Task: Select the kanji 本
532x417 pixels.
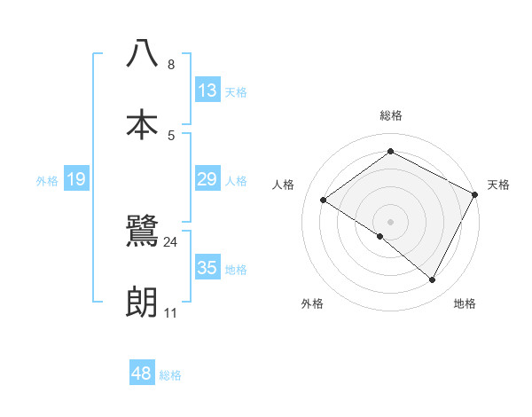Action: [142, 124]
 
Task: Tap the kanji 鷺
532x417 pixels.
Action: [142, 232]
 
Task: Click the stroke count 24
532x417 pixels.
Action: [171, 241]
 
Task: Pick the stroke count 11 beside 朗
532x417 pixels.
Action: [171, 313]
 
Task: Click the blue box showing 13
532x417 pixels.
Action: [207, 90]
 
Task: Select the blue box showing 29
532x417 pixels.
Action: [207, 180]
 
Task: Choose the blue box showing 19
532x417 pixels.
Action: [76, 180]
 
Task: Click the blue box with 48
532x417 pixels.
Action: [142, 374]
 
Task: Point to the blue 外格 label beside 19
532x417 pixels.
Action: [47, 181]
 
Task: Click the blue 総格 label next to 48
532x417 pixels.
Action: [170, 375]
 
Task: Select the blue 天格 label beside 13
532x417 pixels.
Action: [236, 91]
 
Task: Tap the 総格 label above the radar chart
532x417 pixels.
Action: [391, 115]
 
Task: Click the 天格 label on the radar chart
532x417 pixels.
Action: [498, 185]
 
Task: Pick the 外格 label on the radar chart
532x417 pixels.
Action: [312, 303]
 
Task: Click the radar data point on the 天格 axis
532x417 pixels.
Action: [475, 194]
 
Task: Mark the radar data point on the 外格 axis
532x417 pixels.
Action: [380, 236]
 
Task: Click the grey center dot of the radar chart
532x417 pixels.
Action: [391, 221]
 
